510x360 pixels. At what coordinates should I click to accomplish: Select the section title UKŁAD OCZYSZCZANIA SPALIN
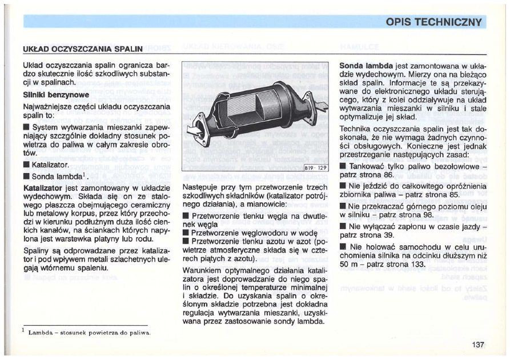78,49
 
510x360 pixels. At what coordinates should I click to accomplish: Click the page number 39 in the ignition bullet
388,235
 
